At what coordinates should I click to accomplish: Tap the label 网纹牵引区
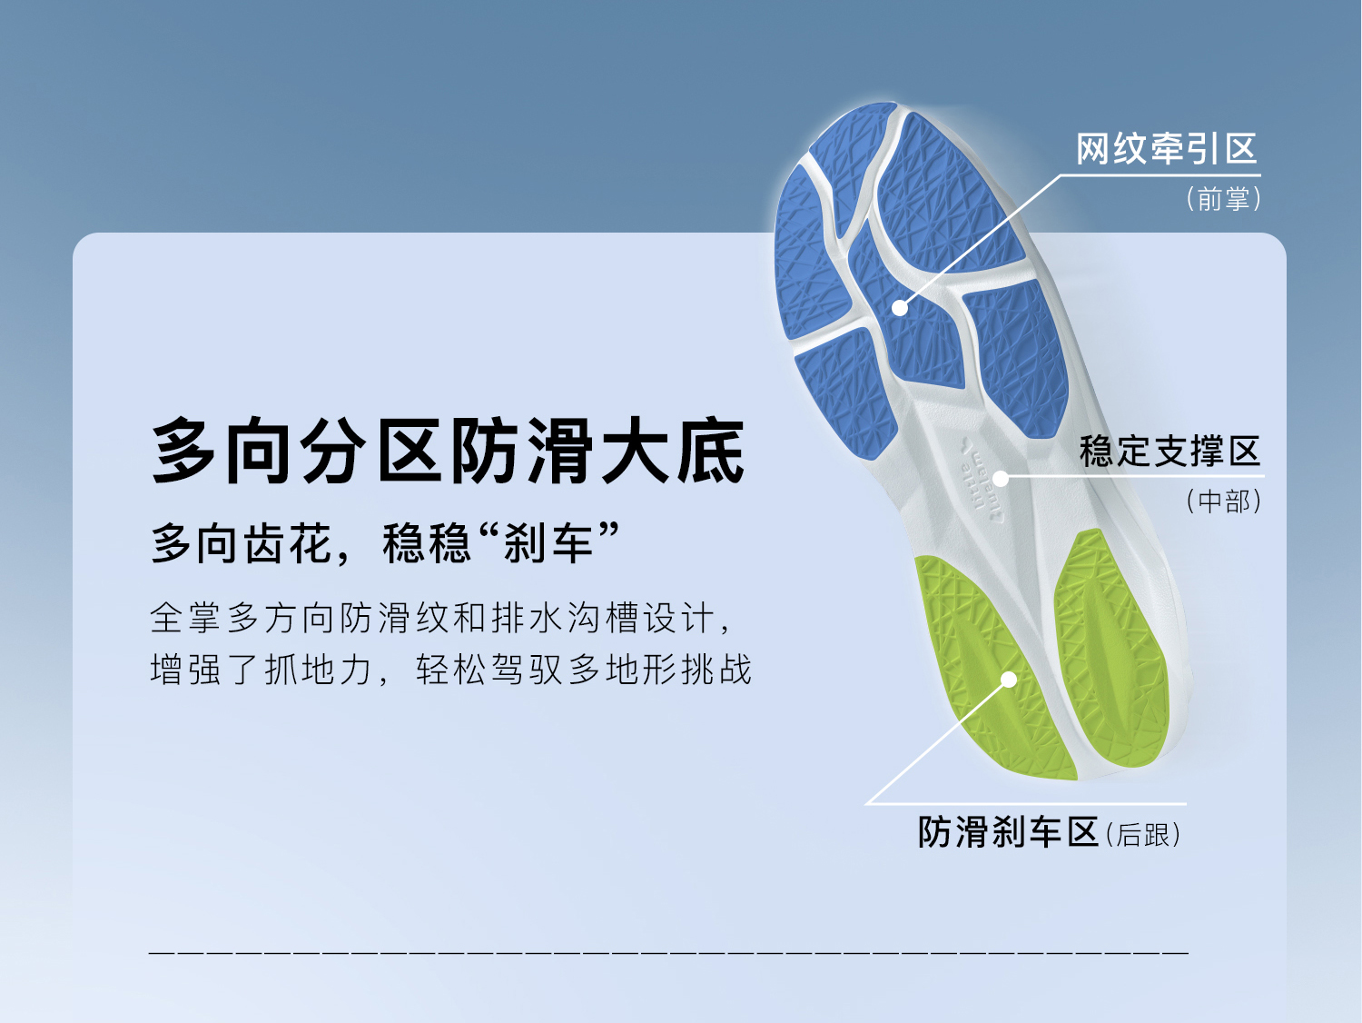tap(1167, 149)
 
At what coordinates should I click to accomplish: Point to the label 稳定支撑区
tap(1170, 451)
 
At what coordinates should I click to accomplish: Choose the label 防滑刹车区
tap(1008, 832)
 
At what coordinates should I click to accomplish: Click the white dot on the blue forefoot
tap(900, 307)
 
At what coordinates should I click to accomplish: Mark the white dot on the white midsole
tap(1001, 479)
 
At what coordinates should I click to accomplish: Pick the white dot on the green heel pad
tap(1009, 680)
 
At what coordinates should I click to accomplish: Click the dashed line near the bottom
tap(668, 951)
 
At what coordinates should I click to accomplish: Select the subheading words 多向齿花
tap(241, 544)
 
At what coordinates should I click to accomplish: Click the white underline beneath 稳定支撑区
tap(1132, 477)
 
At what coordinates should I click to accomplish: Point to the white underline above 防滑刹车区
tap(1026, 804)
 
